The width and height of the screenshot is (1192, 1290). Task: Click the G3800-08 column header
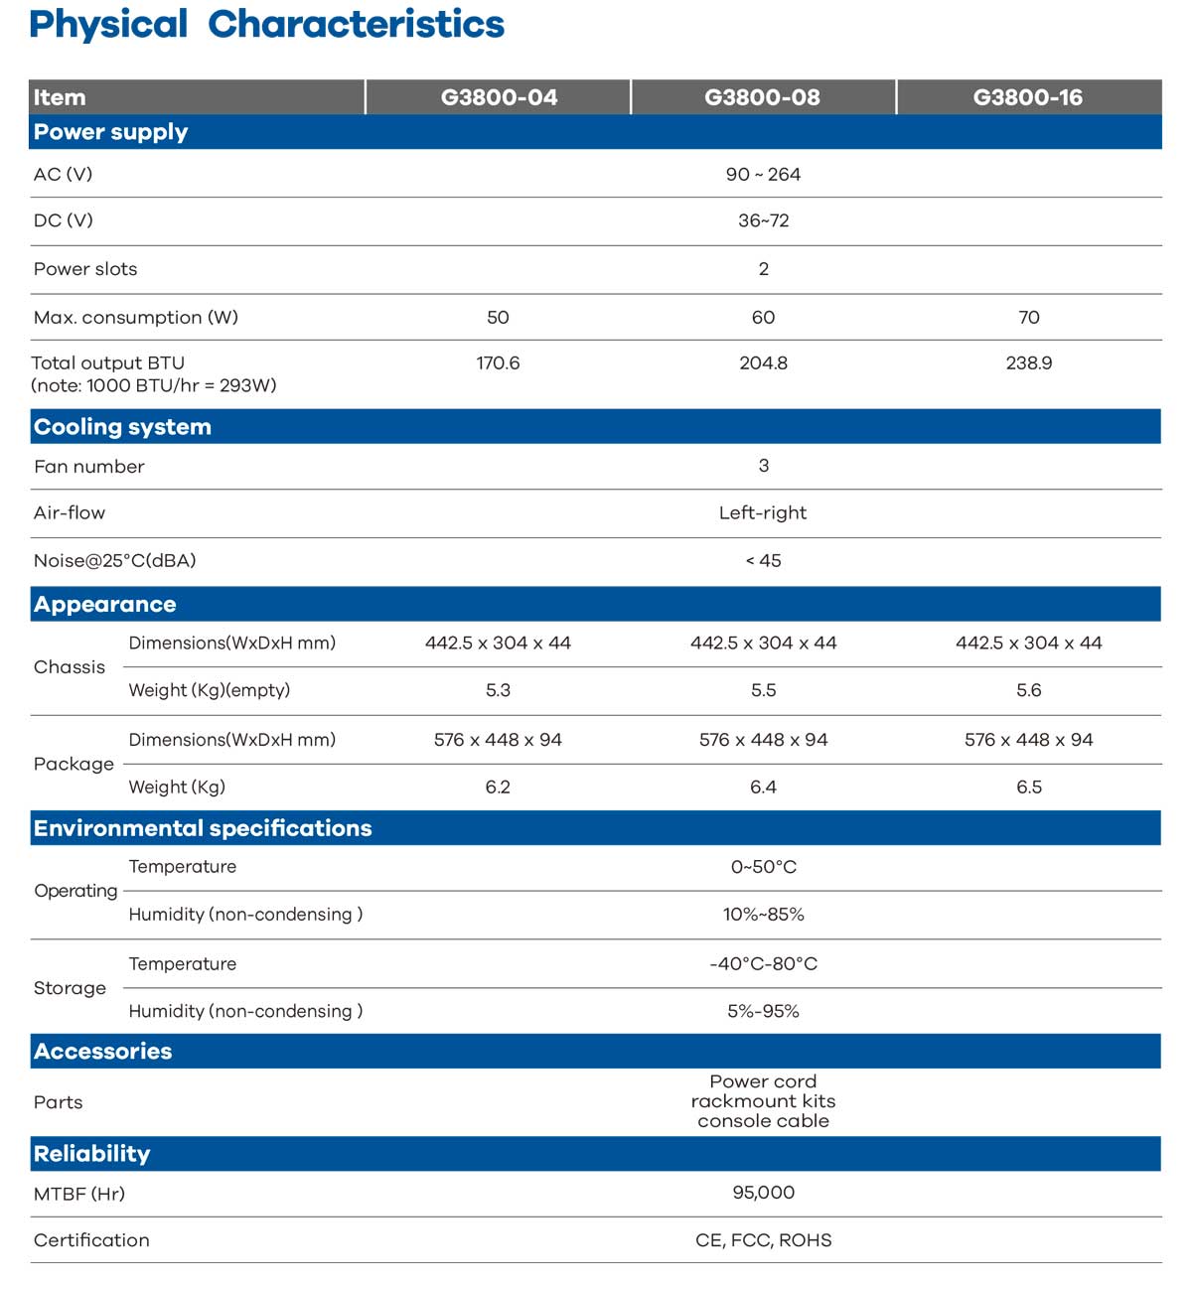tap(762, 97)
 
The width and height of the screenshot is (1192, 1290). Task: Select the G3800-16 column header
tap(1027, 97)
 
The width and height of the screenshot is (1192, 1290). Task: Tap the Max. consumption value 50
tap(498, 318)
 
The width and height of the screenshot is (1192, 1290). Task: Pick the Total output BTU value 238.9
tap(1028, 363)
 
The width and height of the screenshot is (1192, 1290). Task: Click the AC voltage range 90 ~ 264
tap(763, 175)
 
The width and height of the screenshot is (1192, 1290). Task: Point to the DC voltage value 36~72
tap(763, 221)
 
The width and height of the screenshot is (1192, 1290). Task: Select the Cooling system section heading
tap(122, 427)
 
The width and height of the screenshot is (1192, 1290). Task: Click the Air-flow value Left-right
tap(763, 513)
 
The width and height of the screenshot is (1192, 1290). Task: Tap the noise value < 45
tap(763, 561)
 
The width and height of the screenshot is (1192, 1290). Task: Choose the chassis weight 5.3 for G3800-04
tap(498, 690)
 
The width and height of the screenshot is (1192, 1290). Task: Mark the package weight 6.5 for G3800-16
tap(1028, 788)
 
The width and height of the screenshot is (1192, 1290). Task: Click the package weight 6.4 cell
tap(763, 788)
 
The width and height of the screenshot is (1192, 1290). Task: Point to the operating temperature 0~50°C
tap(763, 867)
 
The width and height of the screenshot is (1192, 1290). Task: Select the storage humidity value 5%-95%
tap(763, 1011)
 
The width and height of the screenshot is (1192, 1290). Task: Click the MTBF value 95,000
tap(763, 1193)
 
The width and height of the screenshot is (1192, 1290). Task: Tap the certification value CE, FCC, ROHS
tap(763, 1240)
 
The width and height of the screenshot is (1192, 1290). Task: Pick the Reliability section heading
tap(91, 1154)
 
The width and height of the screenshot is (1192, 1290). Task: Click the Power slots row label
tap(85, 269)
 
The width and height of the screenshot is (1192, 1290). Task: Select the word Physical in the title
tap(108, 25)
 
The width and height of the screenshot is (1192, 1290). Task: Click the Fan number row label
tap(88, 467)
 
